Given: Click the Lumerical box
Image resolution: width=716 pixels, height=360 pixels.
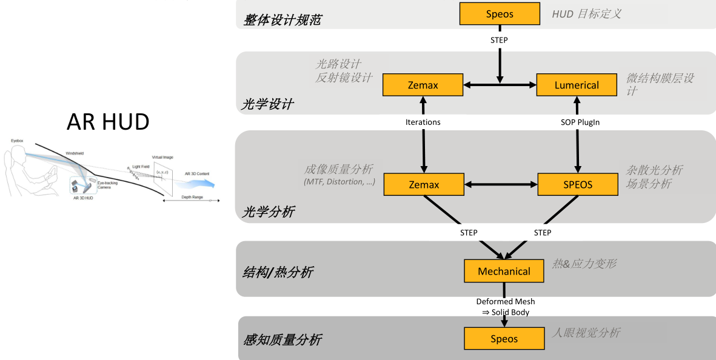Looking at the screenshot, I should (x=577, y=85).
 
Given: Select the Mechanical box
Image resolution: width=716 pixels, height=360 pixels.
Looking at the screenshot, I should (x=504, y=271).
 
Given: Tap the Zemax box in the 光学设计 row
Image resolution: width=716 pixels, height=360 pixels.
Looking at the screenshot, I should (x=423, y=85).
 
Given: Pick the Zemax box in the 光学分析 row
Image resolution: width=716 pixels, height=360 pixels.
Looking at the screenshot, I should (x=424, y=184).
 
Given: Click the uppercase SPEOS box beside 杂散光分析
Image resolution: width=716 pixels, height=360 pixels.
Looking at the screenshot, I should (x=577, y=184).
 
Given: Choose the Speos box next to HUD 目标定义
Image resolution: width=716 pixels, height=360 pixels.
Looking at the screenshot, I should (x=500, y=14).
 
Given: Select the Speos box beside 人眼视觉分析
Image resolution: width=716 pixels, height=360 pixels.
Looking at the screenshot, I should (x=504, y=339).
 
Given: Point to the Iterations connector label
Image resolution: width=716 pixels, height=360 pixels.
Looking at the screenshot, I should (x=423, y=122).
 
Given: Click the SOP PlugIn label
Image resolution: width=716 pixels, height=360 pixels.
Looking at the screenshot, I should (x=580, y=122).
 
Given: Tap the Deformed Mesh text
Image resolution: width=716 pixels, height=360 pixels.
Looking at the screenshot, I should (x=505, y=301).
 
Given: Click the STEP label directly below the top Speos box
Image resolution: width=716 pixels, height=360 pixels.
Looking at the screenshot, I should (x=499, y=40).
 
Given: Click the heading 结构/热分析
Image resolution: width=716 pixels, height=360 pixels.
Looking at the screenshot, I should (x=278, y=272).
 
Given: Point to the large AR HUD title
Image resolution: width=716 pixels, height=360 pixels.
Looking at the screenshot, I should (x=108, y=122).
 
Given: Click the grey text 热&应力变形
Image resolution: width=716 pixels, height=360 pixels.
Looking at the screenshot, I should (x=584, y=264).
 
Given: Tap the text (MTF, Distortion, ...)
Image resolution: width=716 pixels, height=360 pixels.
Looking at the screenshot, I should (x=339, y=182).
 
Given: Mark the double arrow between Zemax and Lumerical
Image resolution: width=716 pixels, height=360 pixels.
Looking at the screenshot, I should (x=500, y=85).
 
